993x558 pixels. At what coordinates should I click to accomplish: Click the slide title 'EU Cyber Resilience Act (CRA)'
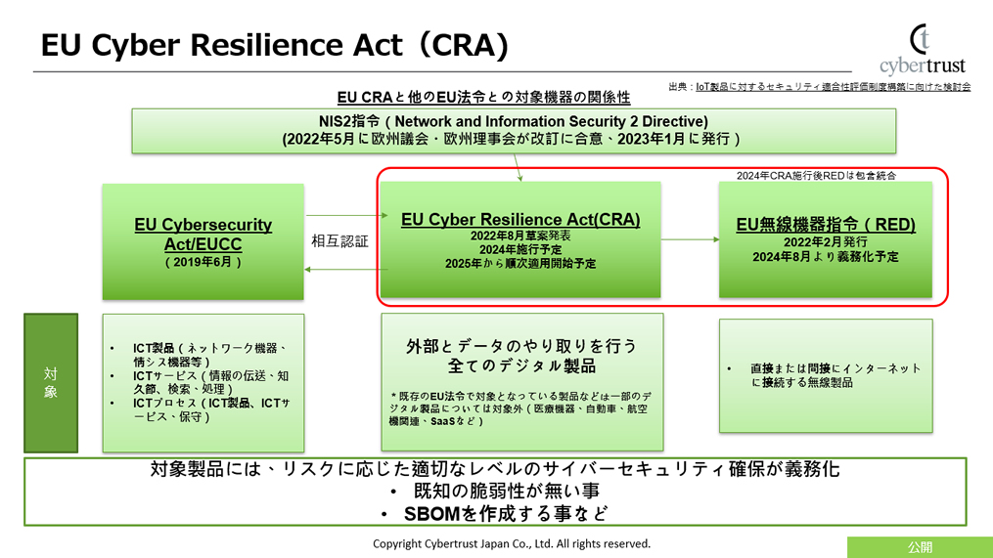click(x=274, y=45)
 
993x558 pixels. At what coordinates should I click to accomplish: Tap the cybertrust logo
click(x=922, y=50)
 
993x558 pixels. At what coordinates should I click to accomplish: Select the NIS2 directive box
click(x=514, y=130)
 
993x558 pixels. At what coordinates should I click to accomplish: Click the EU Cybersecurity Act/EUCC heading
click(x=203, y=234)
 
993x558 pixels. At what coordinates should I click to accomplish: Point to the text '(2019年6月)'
click(x=203, y=262)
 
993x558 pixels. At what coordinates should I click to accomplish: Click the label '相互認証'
click(x=339, y=240)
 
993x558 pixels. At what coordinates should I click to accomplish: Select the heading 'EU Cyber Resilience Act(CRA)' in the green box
click(x=520, y=219)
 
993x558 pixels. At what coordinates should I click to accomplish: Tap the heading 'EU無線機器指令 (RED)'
click(x=826, y=224)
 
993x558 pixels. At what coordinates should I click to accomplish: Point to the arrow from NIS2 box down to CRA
click(x=519, y=167)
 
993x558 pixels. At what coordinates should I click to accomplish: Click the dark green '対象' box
click(x=50, y=382)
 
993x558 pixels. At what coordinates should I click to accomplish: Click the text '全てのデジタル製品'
click(x=521, y=366)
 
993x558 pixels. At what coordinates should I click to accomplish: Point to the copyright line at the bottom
click(x=512, y=543)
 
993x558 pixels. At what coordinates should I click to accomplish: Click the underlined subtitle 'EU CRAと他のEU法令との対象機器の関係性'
click(x=483, y=98)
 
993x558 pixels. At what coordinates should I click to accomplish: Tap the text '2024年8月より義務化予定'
click(x=826, y=257)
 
